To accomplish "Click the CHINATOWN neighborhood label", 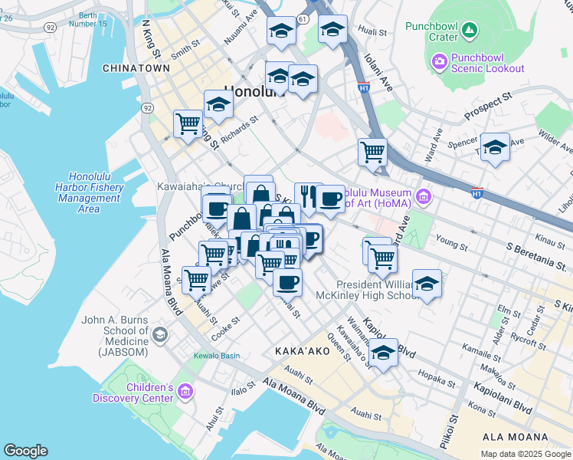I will pos(136,68).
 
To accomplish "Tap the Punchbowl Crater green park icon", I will pos(470,31).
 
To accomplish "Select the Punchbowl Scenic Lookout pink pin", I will pos(439,60).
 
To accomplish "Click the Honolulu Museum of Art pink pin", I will pos(419,199).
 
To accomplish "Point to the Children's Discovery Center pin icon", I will pos(185,393).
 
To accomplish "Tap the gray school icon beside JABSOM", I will pos(159,333).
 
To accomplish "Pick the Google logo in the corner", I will pos(25,451).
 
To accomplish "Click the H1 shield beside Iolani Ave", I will pos(363,88).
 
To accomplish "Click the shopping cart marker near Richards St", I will pos(187,123).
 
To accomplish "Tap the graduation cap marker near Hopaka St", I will pos(384,353).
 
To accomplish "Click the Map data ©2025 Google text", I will pos(525,454).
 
